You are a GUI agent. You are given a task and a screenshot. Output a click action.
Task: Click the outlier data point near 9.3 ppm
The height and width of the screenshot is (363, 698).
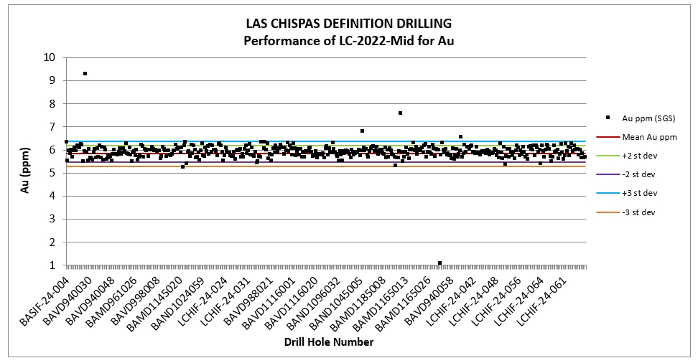coord(85,73)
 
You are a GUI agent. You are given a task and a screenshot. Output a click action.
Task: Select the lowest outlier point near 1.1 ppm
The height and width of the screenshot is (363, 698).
coord(439,263)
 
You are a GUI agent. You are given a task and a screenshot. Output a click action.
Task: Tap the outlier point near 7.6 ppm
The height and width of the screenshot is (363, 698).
coord(400,113)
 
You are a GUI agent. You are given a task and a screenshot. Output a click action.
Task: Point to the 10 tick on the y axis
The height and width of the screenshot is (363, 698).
coord(50,57)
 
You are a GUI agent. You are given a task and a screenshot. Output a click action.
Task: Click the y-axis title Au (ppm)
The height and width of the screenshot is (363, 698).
coord(24,161)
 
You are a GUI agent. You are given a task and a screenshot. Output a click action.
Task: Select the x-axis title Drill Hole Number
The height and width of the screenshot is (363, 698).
coord(328,342)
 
